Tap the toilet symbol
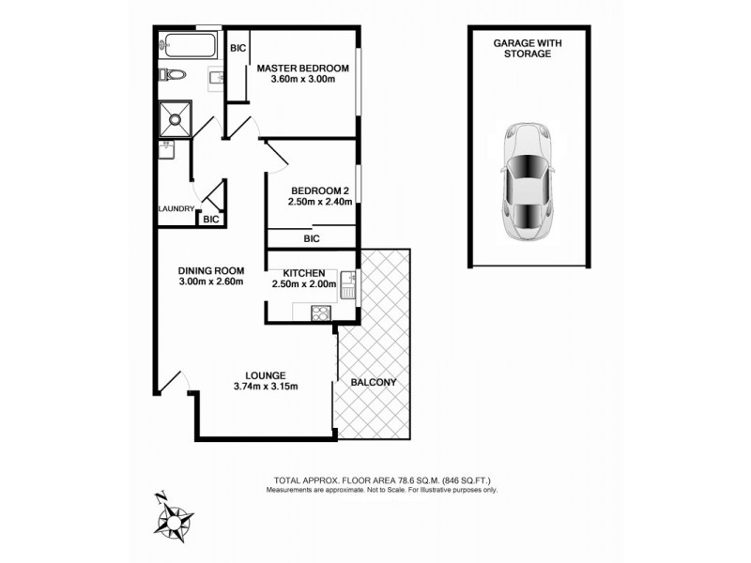[175, 76]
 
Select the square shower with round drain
[175, 117]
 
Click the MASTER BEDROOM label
[303, 68]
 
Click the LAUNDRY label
[176, 209]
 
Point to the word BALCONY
[373, 383]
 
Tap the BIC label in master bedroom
[238, 47]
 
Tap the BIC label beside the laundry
[211, 219]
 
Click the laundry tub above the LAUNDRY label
[168, 149]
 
